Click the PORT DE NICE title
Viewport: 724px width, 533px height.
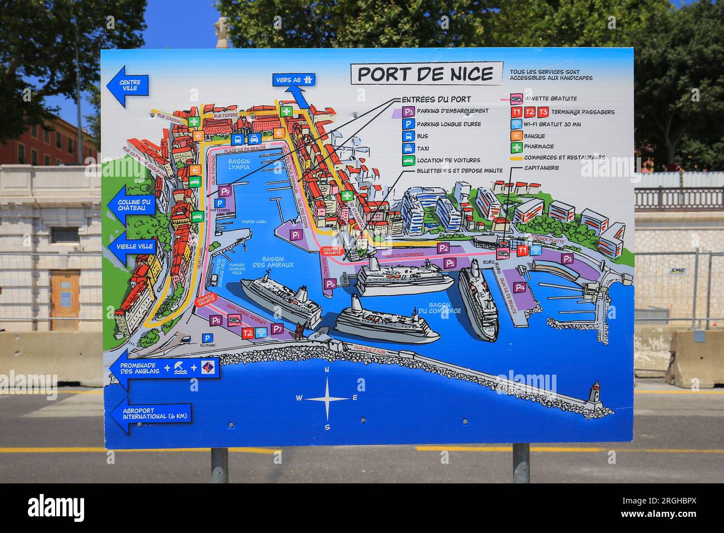pos(425,74)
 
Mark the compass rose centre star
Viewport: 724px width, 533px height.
pos(327,398)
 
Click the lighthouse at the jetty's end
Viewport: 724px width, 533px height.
pos(595,391)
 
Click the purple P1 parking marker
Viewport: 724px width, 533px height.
pos(296,235)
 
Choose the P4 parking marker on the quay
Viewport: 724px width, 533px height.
pos(520,288)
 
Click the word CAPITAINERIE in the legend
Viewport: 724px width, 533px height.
pos(541,167)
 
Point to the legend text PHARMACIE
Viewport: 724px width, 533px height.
pos(539,147)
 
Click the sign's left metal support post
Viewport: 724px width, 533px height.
pos(219,465)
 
